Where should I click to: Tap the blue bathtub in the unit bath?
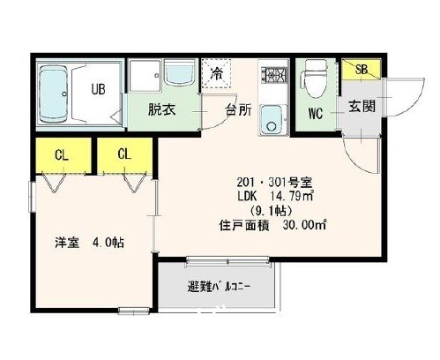57,92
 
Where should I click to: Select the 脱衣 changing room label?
160,110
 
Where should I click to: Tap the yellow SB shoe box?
362,69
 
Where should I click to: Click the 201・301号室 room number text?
268,179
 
